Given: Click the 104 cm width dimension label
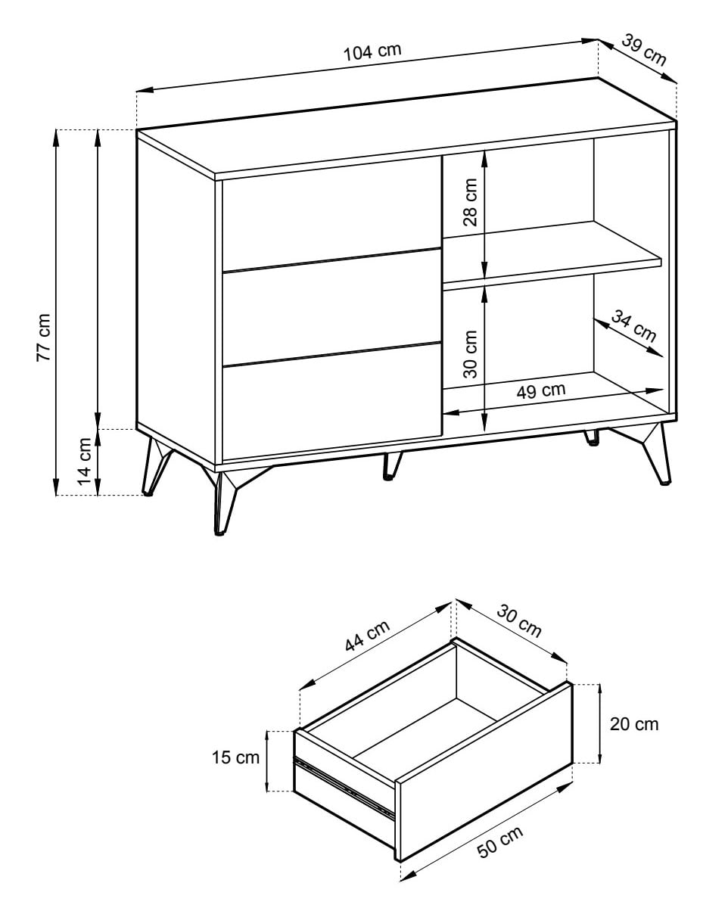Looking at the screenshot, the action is click(x=372, y=51).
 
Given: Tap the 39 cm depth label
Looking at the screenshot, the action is click(x=644, y=50).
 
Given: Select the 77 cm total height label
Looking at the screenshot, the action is click(x=43, y=337).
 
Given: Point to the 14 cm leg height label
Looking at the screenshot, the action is click(x=85, y=462).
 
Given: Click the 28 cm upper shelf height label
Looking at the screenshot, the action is click(x=470, y=202).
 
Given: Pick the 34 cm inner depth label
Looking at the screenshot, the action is click(x=633, y=326).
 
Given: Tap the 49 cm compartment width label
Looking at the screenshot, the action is click(x=540, y=390).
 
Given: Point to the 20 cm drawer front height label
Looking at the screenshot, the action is click(x=634, y=724).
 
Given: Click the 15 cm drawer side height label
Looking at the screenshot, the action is click(x=235, y=757).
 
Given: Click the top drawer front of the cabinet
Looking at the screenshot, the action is click(x=331, y=219).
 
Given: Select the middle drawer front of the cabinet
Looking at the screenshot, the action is click(x=331, y=306).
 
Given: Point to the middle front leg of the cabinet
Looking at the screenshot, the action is click(x=392, y=466).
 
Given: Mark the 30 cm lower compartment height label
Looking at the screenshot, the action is click(x=470, y=354).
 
